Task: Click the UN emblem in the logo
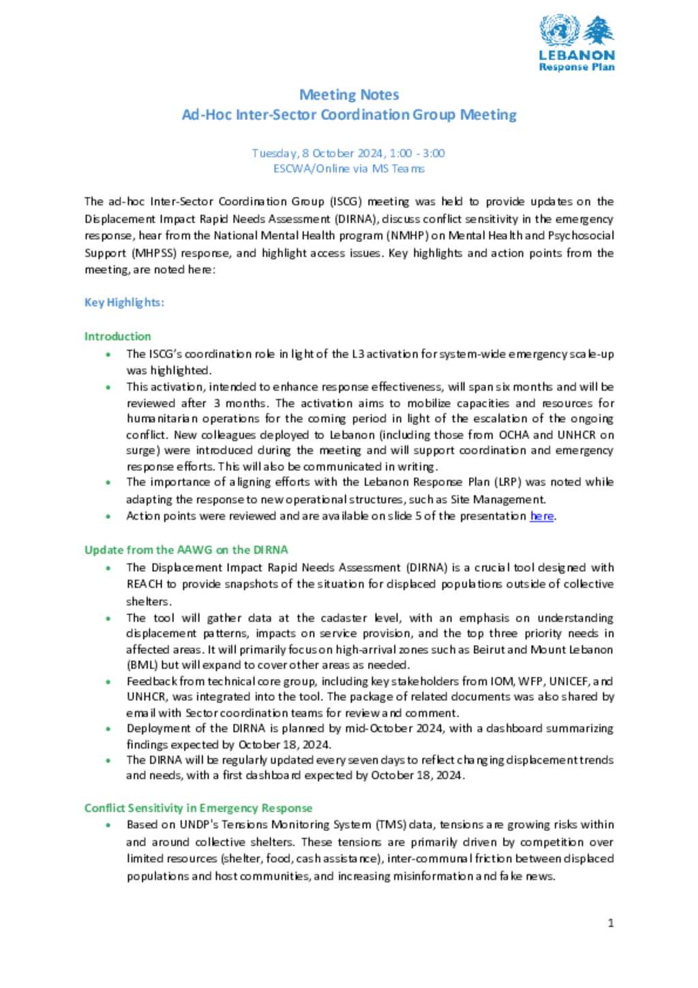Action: tap(559, 31)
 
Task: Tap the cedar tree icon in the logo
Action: tap(598, 31)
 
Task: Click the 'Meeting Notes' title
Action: tap(349, 95)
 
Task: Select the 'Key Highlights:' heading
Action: tap(124, 303)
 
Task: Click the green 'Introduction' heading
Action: tap(117, 336)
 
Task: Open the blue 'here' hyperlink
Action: tap(542, 516)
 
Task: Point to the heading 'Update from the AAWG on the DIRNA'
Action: tap(186, 550)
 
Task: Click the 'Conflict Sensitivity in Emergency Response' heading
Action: tap(198, 808)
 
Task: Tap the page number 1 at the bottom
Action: tap(611, 923)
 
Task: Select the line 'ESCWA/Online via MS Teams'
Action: tap(348, 168)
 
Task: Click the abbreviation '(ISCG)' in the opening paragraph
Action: tap(346, 202)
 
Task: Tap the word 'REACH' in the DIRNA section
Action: tap(145, 584)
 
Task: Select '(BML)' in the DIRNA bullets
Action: tap(142, 665)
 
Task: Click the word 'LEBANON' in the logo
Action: tap(577, 55)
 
